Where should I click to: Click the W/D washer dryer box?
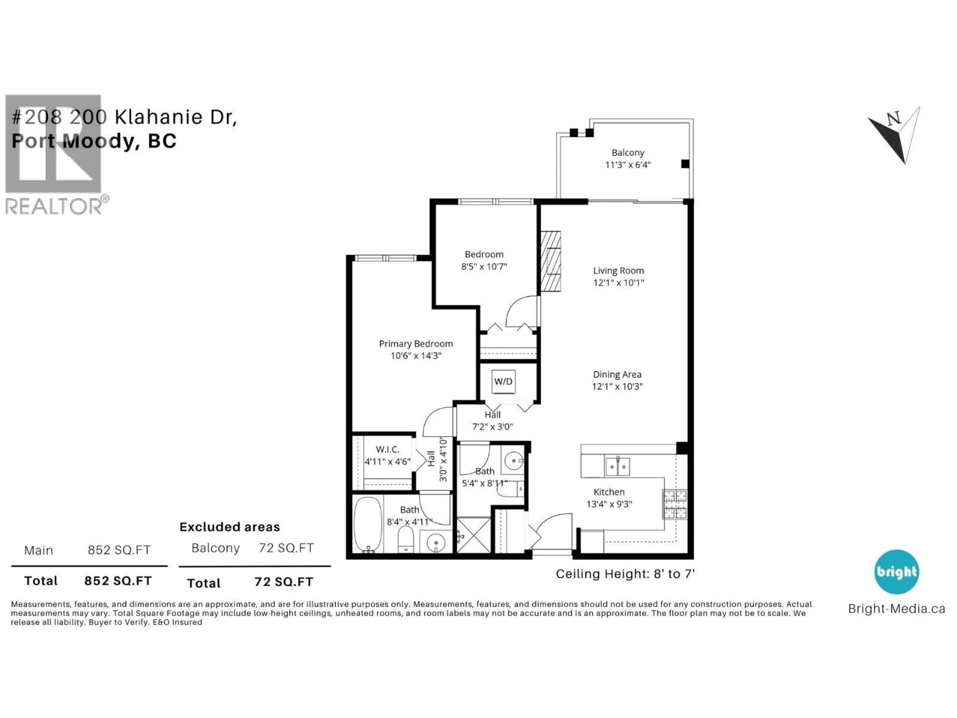pos(503,381)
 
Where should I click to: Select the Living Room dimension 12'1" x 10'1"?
pos(618,283)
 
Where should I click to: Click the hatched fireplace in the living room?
pos(550,262)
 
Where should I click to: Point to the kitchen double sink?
pos(617,466)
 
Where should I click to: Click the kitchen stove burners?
pos(675,504)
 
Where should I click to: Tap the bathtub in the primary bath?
pos(368,524)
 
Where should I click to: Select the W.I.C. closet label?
pos(387,449)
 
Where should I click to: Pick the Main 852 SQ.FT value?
pos(119,550)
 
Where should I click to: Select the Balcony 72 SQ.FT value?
pos(286,548)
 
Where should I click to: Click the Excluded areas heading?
pos(230,527)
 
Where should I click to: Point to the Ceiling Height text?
pos(625,574)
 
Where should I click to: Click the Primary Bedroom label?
pos(416,344)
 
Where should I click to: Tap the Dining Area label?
pos(617,374)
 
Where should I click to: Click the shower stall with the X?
pos(474,535)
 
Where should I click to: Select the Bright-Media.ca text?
pos(896,609)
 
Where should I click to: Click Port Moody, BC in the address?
pos(94,141)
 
